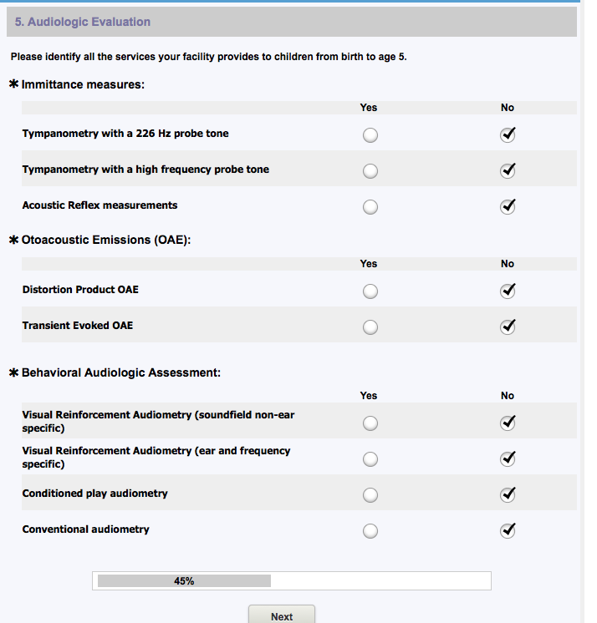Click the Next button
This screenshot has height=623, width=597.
click(x=282, y=616)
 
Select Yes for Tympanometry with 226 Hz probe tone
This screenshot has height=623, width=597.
click(x=370, y=135)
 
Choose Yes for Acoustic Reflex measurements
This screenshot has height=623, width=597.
click(x=370, y=207)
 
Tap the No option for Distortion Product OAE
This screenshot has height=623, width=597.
click(x=507, y=291)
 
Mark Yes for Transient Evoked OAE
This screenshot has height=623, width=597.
click(x=370, y=327)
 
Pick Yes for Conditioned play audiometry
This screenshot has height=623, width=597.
click(x=370, y=495)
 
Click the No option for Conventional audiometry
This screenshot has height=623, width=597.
click(x=507, y=530)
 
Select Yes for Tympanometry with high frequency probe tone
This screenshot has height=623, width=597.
click(x=370, y=171)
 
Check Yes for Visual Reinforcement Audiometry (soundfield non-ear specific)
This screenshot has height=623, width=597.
click(x=370, y=423)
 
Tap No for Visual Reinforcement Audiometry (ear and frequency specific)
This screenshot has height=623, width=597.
click(x=507, y=459)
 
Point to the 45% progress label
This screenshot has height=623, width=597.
click(x=184, y=581)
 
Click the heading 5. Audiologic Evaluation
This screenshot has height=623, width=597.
click(x=83, y=22)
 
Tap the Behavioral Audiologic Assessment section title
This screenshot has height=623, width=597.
click(x=121, y=372)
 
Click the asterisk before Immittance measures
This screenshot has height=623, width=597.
click(x=13, y=84)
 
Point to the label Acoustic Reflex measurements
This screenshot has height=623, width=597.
click(x=99, y=205)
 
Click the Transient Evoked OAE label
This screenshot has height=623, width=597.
click(x=78, y=326)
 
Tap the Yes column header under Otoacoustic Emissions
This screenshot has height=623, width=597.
click(x=369, y=264)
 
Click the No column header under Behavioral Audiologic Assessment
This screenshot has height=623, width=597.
click(x=508, y=396)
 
